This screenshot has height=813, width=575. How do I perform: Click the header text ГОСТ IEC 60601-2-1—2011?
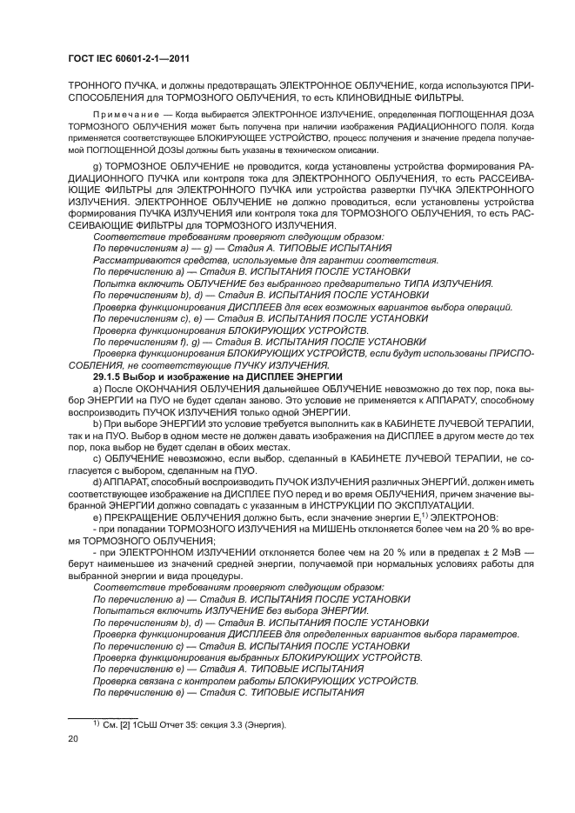130,58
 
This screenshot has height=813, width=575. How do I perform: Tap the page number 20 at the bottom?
73,739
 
